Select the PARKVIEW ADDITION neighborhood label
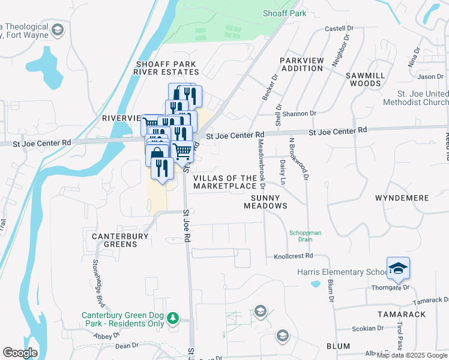click(302, 64)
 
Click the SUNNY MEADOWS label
click(265, 201)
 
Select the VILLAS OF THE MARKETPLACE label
click(225, 182)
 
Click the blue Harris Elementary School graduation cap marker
click(398, 268)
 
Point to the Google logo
click(20, 352)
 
